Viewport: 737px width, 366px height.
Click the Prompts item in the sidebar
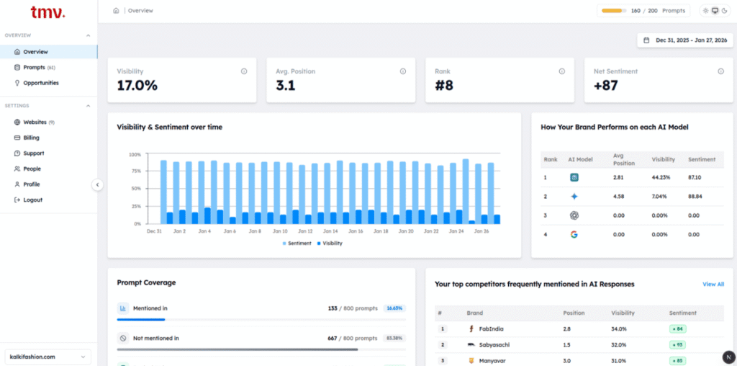(x=34, y=68)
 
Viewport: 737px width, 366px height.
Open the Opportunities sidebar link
(x=40, y=83)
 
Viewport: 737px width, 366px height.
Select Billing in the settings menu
(x=31, y=138)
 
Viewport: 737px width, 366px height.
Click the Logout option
(x=32, y=200)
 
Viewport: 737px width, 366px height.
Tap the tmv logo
(x=48, y=12)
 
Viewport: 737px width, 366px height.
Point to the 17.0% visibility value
(x=137, y=86)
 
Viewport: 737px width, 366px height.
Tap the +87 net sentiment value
(x=606, y=86)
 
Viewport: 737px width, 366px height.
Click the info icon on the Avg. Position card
(x=402, y=71)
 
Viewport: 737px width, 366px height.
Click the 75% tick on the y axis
(x=135, y=171)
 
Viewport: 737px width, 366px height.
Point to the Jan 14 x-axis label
(x=330, y=231)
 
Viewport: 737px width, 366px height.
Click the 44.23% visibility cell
(x=661, y=177)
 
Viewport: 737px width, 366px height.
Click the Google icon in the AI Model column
(x=574, y=235)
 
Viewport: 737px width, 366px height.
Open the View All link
(x=713, y=285)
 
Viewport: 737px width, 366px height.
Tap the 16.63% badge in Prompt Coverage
(x=394, y=308)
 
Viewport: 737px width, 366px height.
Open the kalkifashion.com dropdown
(x=48, y=356)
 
